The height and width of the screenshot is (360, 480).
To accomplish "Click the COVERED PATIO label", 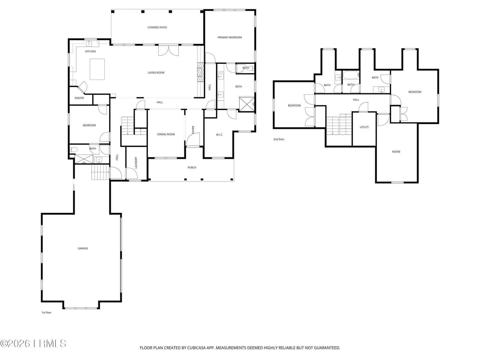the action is [x=157, y=27].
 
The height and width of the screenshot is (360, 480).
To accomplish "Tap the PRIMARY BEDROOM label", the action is [x=229, y=37].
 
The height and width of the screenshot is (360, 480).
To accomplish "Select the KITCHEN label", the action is [x=91, y=51].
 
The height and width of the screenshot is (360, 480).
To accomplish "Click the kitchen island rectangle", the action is [x=97, y=69].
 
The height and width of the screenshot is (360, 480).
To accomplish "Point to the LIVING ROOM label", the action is [x=156, y=73].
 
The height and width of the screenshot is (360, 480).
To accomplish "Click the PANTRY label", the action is [x=79, y=98].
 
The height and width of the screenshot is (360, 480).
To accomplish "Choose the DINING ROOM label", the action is [x=166, y=134].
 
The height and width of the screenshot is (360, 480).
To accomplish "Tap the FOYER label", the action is [x=193, y=130].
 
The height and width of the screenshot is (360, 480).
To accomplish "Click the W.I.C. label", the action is [x=219, y=135].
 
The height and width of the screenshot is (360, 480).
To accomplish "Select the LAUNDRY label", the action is [x=136, y=163].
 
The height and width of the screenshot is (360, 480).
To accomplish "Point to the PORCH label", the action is [x=192, y=167].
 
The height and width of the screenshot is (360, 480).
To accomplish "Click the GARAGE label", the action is [x=83, y=248].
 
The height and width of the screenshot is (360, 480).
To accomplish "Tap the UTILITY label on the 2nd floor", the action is [x=364, y=127].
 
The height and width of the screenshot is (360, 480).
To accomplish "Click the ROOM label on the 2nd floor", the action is [x=396, y=151].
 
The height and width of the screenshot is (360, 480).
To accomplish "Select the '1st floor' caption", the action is [x=46, y=312].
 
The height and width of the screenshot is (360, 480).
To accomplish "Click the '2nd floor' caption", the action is [x=279, y=139].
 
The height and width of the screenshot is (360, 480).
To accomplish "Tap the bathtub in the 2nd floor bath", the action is [x=351, y=75].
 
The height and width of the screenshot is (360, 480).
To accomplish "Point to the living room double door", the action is [x=168, y=50].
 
